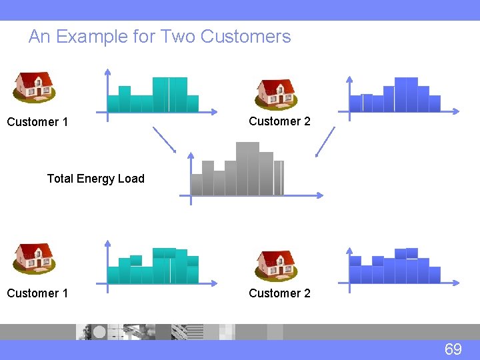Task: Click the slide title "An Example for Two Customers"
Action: pyautogui.click(x=159, y=37)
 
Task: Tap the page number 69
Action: pyautogui.click(x=453, y=349)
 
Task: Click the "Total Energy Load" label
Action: pyautogui.click(x=95, y=178)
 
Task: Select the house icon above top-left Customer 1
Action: pyautogui.click(x=35, y=86)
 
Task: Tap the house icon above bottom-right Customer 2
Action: pyautogui.click(x=277, y=265)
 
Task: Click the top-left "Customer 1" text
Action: pyautogui.click(x=37, y=122)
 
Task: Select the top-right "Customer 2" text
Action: pyautogui.click(x=279, y=121)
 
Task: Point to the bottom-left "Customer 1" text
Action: pyautogui.click(x=37, y=293)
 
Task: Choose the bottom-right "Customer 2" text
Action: pyautogui.click(x=279, y=293)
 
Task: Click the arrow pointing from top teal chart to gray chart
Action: pyautogui.click(x=165, y=139)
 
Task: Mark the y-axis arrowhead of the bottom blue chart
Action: pyautogui.click(x=349, y=252)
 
